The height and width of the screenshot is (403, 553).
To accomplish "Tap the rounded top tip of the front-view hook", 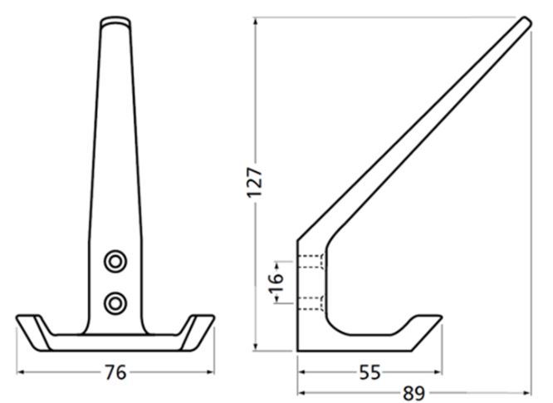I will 115,21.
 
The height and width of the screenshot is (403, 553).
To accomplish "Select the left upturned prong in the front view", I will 33,327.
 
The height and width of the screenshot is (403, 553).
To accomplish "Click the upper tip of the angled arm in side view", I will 525,22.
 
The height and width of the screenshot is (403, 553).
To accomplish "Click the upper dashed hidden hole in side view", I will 311,261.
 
